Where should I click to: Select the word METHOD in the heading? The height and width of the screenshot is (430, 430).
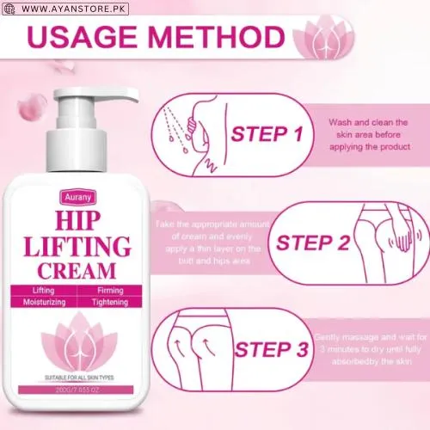pos(224,39)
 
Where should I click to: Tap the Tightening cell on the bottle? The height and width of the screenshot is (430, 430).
pos(111,303)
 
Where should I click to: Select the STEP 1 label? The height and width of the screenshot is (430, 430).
pos(267,134)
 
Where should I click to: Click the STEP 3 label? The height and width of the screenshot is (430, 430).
pos(271,349)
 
